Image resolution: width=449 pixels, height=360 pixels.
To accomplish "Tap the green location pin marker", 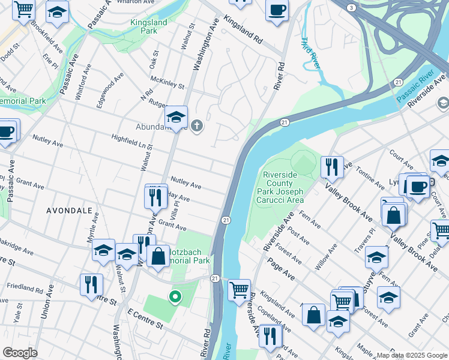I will (x=175, y=296).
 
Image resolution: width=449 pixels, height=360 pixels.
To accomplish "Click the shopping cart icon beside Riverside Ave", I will (x=240, y=290).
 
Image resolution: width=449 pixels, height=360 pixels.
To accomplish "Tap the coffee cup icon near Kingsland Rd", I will (x=277, y=10).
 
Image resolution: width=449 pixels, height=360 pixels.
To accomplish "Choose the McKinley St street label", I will (x=167, y=82).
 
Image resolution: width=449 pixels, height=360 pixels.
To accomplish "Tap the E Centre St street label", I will (x=145, y=319).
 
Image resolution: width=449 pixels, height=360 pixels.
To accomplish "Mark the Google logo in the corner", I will (x=20, y=353).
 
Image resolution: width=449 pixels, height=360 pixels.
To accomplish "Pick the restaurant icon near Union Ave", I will (x=91, y=283).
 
